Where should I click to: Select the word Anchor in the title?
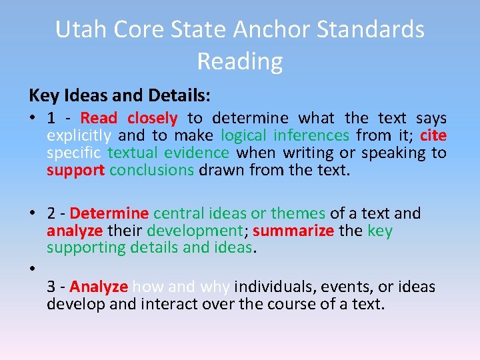click(x=282, y=29)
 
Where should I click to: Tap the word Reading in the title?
click(x=240, y=61)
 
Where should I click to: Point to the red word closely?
click(x=152, y=119)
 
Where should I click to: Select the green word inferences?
click(x=314, y=136)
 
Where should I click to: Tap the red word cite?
click(x=433, y=136)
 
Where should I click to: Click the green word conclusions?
click(x=151, y=170)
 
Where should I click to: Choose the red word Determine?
click(x=109, y=213)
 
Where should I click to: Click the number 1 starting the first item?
click(x=51, y=119)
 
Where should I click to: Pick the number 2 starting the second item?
click(x=51, y=213)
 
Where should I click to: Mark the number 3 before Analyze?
click(x=51, y=287)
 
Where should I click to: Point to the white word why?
click(x=215, y=287)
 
